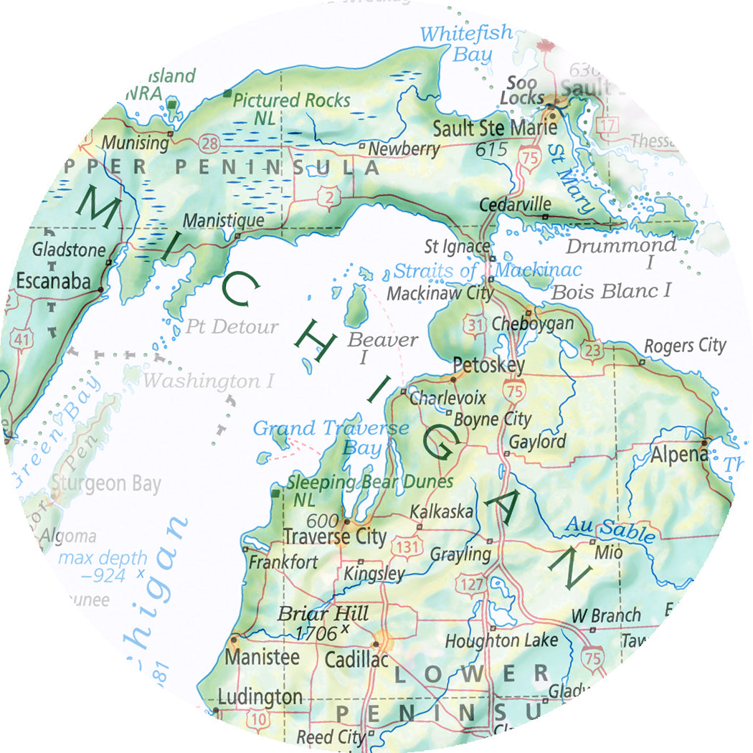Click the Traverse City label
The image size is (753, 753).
pos(334,536)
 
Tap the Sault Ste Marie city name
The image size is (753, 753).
pos(495,128)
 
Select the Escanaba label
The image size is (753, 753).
pos(53,280)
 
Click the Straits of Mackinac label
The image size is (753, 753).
pos(487,271)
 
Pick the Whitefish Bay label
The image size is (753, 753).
pos(467,43)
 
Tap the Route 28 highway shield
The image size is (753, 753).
pos(210,145)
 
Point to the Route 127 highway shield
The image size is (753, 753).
pos(472,584)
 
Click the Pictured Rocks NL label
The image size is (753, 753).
pos(291,108)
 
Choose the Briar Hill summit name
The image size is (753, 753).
pos(323,615)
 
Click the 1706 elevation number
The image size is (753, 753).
pos(316,633)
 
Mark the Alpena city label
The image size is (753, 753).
pos(678,454)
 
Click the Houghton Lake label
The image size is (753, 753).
pos(501,640)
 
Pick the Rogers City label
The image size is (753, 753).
pos(685,346)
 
